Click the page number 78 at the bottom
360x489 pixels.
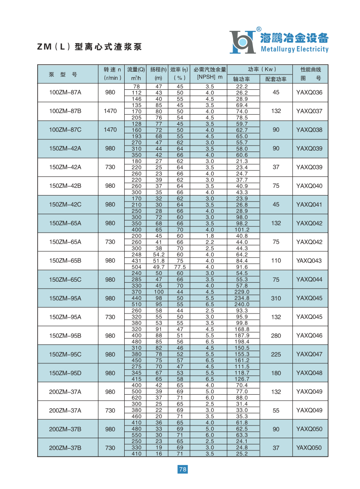click(182, 469)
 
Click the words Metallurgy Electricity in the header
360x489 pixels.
click(294, 49)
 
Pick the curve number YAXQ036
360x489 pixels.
click(309, 93)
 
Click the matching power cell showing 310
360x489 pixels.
click(276, 298)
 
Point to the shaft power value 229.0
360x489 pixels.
click(242, 292)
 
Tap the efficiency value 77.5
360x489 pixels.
click(180, 267)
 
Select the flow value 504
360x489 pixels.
click(136, 267)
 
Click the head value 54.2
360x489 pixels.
click(159, 255)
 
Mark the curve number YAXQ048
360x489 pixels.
click(309, 373)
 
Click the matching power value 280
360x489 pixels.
click(276, 336)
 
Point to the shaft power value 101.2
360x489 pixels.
click(242, 230)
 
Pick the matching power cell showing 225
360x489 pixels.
click(276, 354)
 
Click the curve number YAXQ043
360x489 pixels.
click(309, 261)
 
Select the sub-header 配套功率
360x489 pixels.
click(276, 79)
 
